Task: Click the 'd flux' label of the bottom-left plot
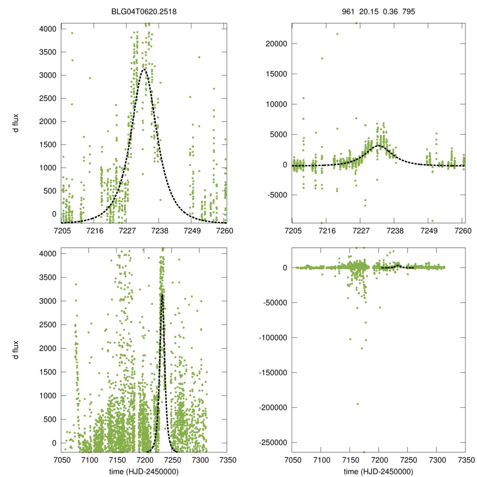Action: pyautogui.click(x=15, y=350)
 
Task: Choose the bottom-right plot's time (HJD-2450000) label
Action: pyautogui.click(x=378, y=471)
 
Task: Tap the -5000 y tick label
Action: pyautogui.click(x=277, y=195)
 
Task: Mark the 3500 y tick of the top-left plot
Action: pyautogui.click(x=48, y=52)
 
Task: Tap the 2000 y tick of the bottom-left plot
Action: pyautogui.click(x=48, y=348)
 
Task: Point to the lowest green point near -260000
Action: pyautogui.click(x=364, y=452)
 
